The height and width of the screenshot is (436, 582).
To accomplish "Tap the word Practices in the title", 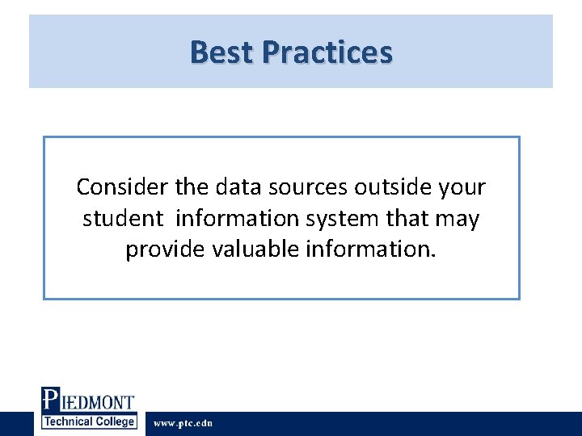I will pos(327,52).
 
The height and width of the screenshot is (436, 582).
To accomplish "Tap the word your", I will pos(461,187).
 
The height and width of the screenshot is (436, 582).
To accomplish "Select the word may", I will pos(458,219).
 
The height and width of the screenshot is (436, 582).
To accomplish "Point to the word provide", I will pos(165,249).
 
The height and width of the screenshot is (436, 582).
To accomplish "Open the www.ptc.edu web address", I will pos(183,423).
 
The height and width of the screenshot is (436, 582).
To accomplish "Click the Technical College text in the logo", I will pos(89,421).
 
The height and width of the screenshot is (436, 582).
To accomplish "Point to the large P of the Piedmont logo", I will pos(50,401).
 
